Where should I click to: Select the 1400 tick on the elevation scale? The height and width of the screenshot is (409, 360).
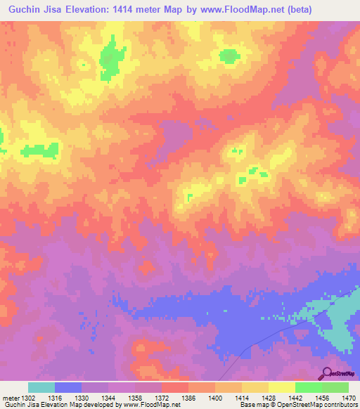point(202,398)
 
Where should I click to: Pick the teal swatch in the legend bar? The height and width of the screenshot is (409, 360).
point(41,387)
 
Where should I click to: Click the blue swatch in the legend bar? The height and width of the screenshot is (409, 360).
point(68,387)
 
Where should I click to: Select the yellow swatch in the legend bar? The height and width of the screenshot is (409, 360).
point(281,387)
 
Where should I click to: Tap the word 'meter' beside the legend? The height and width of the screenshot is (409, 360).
point(9,398)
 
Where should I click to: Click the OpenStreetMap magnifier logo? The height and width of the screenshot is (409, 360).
point(328,373)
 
